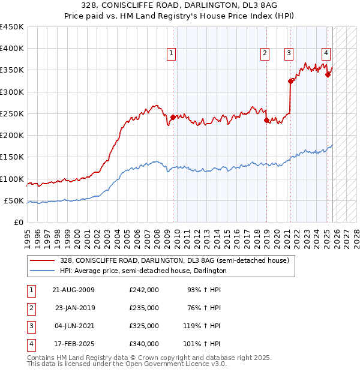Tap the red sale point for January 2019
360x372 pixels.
point(266,120)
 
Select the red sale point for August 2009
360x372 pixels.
point(173,117)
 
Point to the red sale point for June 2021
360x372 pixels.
point(290,81)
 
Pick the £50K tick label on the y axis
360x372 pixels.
point(14,200)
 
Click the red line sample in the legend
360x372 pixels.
point(43,260)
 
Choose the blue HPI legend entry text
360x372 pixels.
point(143,271)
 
